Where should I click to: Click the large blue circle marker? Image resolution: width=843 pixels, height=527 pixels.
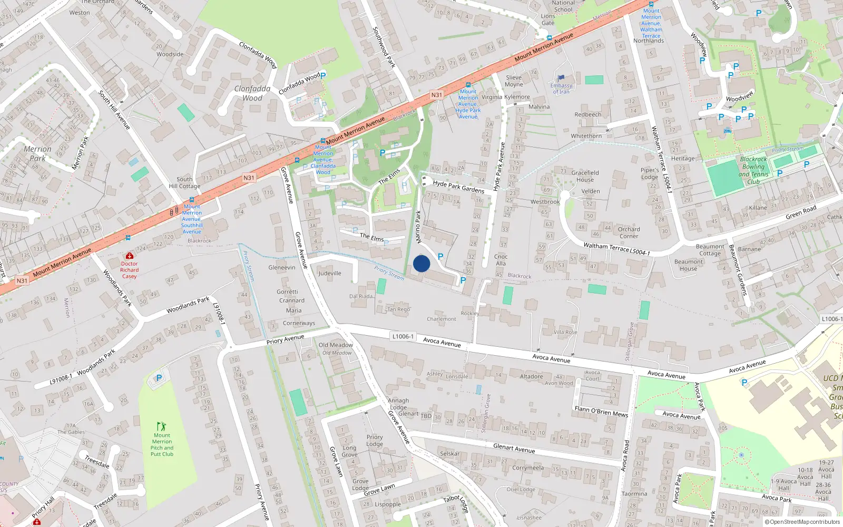tap(421, 263)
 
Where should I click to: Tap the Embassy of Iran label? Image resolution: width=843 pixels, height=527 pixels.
tap(561, 89)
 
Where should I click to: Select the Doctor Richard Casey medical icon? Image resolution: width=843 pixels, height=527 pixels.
tap(130, 256)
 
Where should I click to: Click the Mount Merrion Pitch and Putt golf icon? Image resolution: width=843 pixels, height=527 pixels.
tap(162, 426)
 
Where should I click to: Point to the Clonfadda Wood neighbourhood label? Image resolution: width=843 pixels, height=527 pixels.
tap(252, 93)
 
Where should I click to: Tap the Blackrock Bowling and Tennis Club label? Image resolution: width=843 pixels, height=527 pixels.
tap(753, 170)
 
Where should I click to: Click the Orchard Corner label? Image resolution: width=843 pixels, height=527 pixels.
tap(629, 232)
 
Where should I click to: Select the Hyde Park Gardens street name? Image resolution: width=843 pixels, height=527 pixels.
tap(458, 187)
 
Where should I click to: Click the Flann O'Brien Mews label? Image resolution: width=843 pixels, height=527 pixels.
tap(601, 412)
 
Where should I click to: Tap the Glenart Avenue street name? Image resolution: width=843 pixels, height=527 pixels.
tap(514, 448)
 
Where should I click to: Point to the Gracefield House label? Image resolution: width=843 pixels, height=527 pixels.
tap(585, 176)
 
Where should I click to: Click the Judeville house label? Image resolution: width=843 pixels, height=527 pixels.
tap(330, 273)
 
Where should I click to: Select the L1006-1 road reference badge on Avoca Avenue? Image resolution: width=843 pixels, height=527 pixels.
tap(403, 336)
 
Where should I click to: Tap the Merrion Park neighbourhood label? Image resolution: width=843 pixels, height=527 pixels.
tap(37, 153)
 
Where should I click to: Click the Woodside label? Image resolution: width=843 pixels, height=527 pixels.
tap(170, 54)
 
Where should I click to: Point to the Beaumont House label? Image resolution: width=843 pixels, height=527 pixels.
tap(688, 265)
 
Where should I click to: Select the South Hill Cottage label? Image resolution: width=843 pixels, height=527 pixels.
tap(184, 182)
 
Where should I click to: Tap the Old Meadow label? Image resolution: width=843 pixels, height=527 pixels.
tap(336, 345)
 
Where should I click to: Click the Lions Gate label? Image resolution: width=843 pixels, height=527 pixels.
tap(548, 19)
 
